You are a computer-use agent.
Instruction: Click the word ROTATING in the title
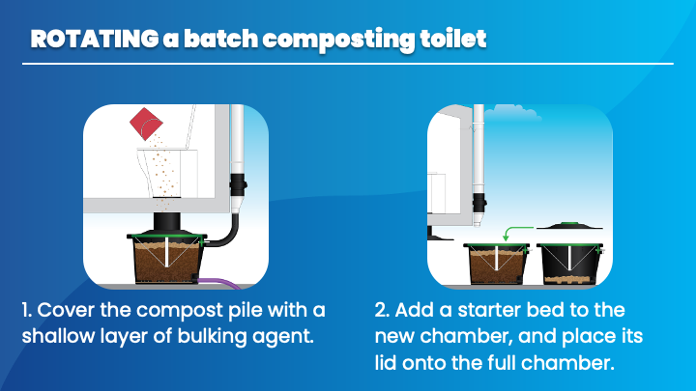click(x=94, y=39)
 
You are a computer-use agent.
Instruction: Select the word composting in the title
click(x=338, y=40)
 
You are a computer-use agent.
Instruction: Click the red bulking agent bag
click(x=146, y=124)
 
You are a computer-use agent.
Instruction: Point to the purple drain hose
click(x=220, y=282)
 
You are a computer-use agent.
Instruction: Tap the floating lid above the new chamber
click(x=569, y=226)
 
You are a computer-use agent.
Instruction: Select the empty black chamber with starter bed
click(x=569, y=264)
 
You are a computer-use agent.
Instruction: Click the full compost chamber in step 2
click(x=497, y=264)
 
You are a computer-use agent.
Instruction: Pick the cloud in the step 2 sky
click(x=512, y=113)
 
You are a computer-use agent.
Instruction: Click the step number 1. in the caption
click(x=27, y=310)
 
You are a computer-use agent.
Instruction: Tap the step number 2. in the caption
click(x=382, y=310)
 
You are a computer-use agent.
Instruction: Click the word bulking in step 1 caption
click(x=213, y=337)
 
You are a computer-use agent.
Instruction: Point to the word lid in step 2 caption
click(x=386, y=363)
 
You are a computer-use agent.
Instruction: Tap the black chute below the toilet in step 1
click(x=167, y=222)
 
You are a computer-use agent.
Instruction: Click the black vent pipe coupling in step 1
click(x=238, y=184)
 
